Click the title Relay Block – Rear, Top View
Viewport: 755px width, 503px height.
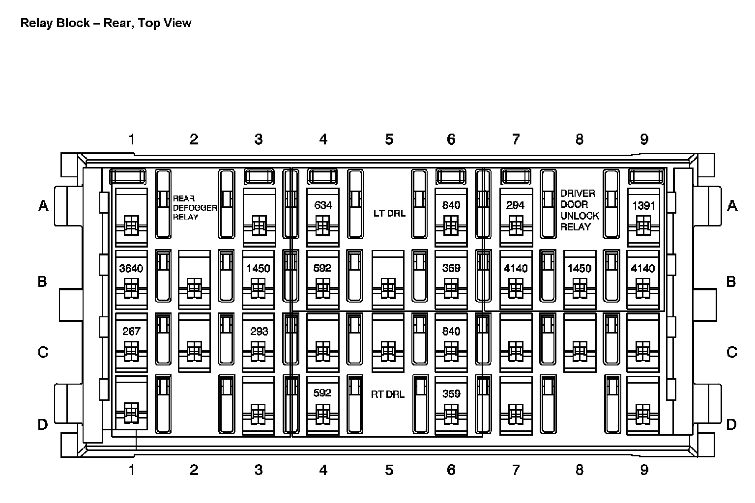pyautogui.click(x=106, y=23)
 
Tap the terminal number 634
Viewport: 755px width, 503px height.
pyautogui.click(x=323, y=205)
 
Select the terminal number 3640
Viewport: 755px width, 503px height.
pyautogui.click(x=131, y=269)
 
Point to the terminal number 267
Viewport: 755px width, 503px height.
pyautogui.click(x=131, y=332)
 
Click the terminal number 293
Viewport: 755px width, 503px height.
pyautogui.click(x=259, y=332)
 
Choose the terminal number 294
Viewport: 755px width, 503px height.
pyautogui.click(x=515, y=205)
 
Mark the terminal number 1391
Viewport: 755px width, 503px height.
pyautogui.click(x=643, y=205)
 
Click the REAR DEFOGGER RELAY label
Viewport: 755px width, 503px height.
pyautogui.click(x=195, y=207)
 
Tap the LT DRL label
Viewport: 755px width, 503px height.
pyautogui.click(x=389, y=213)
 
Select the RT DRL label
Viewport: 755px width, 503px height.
pyautogui.click(x=388, y=394)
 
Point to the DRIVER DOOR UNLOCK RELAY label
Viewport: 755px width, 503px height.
pyautogui.click(x=580, y=210)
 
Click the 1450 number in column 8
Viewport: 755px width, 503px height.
pyautogui.click(x=580, y=269)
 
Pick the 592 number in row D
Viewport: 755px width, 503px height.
pyautogui.click(x=322, y=393)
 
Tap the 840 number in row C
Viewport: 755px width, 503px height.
pyautogui.click(x=451, y=332)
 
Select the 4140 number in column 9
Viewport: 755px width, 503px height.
pyautogui.click(x=643, y=269)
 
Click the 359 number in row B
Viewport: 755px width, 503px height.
pyautogui.click(x=451, y=268)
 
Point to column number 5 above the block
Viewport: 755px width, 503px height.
pyautogui.click(x=389, y=139)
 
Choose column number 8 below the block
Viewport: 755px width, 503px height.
pyautogui.click(x=580, y=470)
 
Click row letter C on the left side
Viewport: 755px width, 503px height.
pyautogui.click(x=43, y=352)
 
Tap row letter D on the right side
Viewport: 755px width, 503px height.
pyautogui.click(x=731, y=424)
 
